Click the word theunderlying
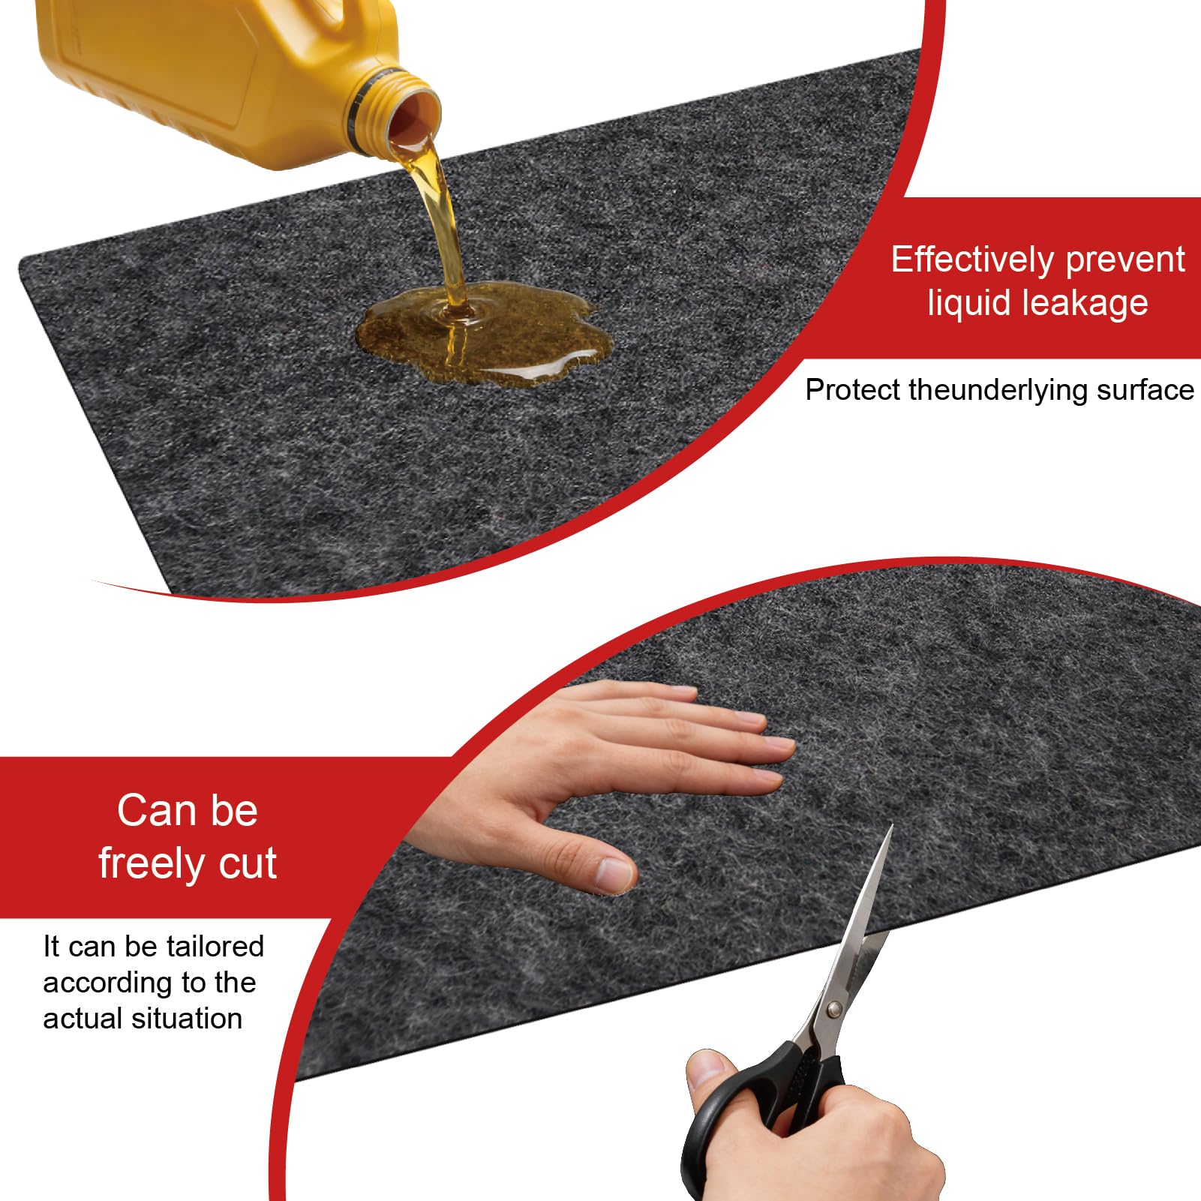(x=998, y=391)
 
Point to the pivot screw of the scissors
(x=833, y=1009)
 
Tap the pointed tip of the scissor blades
(x=892, y=826)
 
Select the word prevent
(x=1125, y=261)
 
